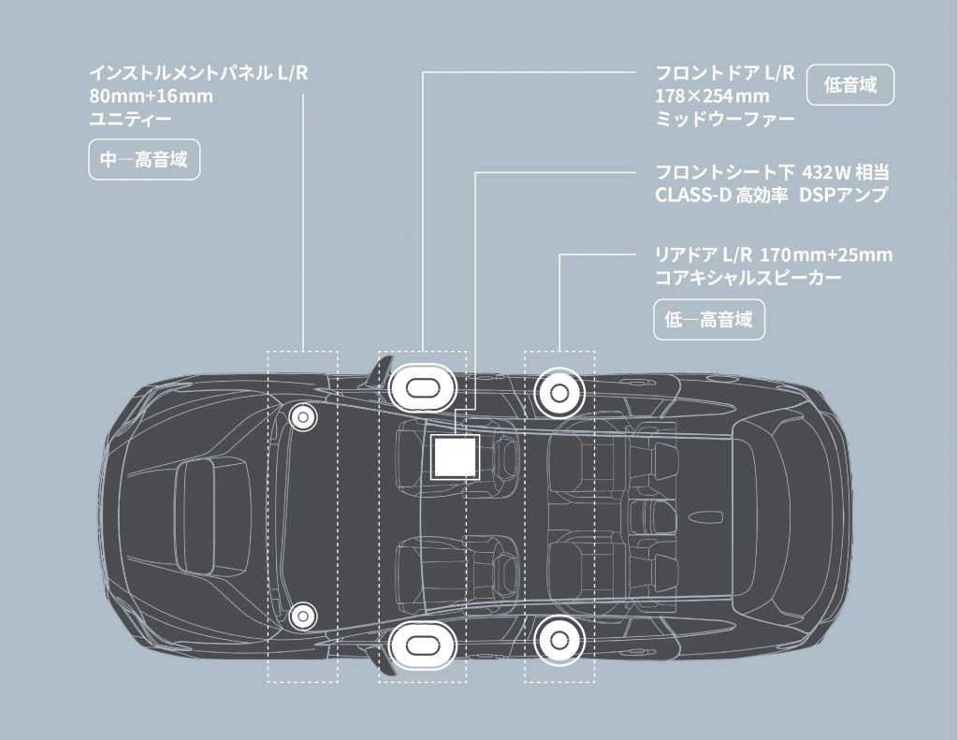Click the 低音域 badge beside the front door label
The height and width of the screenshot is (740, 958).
[x=850, y=85]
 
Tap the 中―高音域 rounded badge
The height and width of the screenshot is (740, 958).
[x=144, y=160]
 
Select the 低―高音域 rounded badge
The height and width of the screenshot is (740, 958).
[x=709, y=319]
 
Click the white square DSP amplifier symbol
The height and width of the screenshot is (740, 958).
[x=455, y=457]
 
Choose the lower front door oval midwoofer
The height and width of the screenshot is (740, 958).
[x=422, y=645]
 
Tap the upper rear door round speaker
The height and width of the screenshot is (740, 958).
[x=559, y=393]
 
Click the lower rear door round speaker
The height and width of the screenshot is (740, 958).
[x=559, y=640]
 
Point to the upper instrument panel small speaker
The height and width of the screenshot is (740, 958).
[x=302, y=416]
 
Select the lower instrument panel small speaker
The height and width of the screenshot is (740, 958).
[x=302, y=616]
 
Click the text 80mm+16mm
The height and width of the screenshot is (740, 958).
[x=152, y=96]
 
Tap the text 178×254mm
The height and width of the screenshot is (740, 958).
[x=712, y=96]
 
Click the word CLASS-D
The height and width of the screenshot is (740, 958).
[x=693, y=196]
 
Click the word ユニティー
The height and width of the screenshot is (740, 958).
[x=131, y=119]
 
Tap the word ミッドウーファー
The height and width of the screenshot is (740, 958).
[x=725, y=119]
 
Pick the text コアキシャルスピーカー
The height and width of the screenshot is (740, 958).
[x=748, y=278]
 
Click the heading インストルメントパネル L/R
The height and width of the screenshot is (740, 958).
[x=198, y=73]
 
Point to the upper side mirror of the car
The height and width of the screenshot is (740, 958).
[x=380, y=371]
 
